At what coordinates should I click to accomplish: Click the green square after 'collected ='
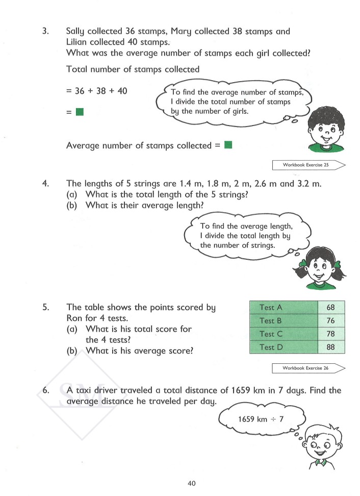228,145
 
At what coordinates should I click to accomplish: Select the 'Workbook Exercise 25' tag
307,165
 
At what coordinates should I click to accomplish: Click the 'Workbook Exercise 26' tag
307,368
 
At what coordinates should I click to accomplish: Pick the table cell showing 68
331,307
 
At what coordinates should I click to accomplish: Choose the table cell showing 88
331,347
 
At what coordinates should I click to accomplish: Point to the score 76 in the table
331,320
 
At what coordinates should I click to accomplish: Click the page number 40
192,484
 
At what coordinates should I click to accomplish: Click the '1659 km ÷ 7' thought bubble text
260,419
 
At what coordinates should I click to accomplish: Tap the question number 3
45,32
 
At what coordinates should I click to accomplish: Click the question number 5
45,308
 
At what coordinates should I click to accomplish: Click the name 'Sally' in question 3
77,32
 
